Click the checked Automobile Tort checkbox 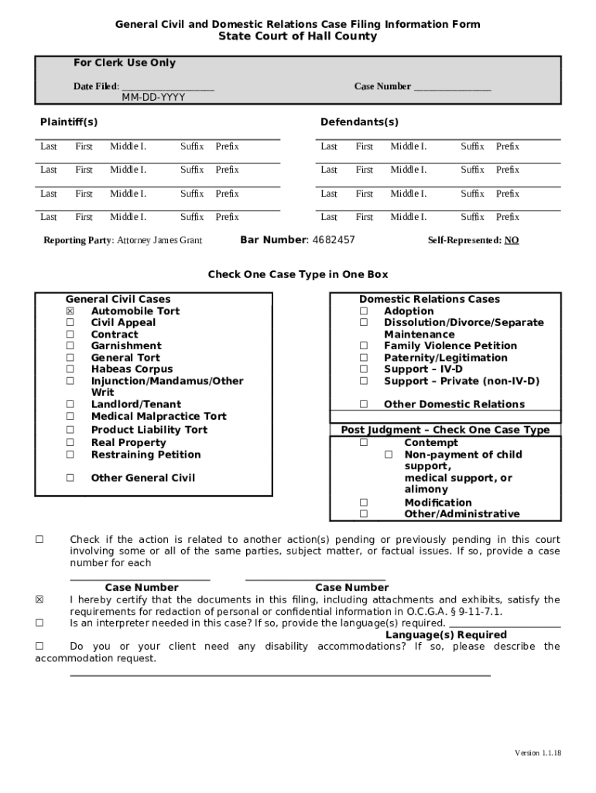70,311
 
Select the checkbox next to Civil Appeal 70,323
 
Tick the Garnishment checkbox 70,346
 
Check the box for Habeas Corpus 70,369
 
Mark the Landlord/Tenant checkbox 70,404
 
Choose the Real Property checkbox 70,443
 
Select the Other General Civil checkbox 70,478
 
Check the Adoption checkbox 363,311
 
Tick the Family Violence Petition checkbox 363,346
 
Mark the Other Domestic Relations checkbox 363,404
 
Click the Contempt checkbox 363,443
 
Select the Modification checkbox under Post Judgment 363,503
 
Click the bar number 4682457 333,240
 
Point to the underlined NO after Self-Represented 512,241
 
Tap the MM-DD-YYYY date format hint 153,98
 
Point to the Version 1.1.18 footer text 538,754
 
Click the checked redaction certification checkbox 39,600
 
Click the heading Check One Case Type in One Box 298,275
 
